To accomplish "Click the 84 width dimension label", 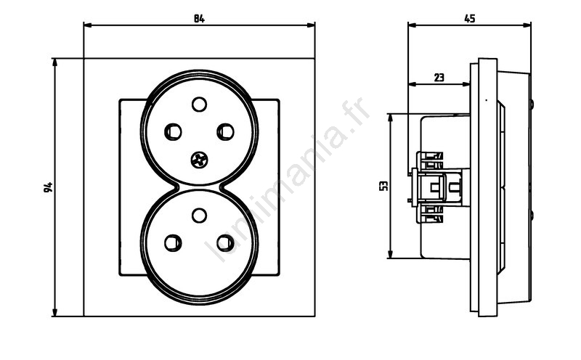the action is tap(199, 19).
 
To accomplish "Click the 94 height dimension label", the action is tap(48, 187).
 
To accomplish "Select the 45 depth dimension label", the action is tap(469, 19).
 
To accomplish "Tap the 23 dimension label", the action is tap(439, 78).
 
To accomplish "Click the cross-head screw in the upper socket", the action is tap(199, 160).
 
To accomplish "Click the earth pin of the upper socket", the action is tap(199, 104).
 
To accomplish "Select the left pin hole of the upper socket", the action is tap(173, 131).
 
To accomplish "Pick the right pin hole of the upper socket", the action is tap(225, 131).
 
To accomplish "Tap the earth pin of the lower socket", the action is tap(199, 215).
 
